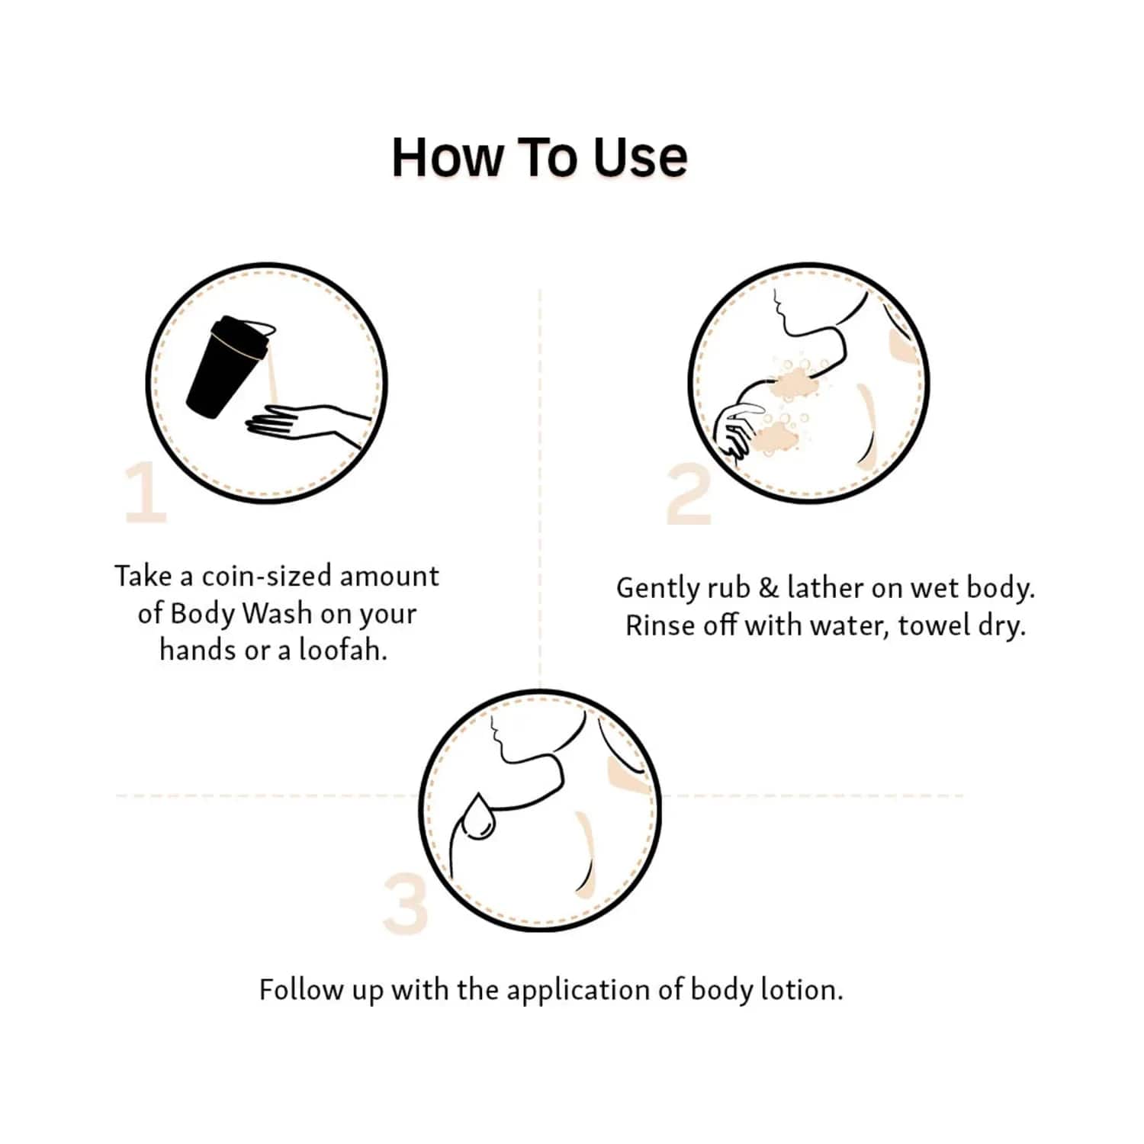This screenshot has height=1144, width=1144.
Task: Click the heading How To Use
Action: click(539, 158)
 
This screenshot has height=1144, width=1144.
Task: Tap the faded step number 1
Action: click(146, 493)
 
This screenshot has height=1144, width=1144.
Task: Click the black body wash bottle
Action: click(227, 366)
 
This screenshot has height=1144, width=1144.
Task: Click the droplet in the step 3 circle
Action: click(477, 818)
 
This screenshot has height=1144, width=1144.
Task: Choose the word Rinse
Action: click(652, 625)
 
